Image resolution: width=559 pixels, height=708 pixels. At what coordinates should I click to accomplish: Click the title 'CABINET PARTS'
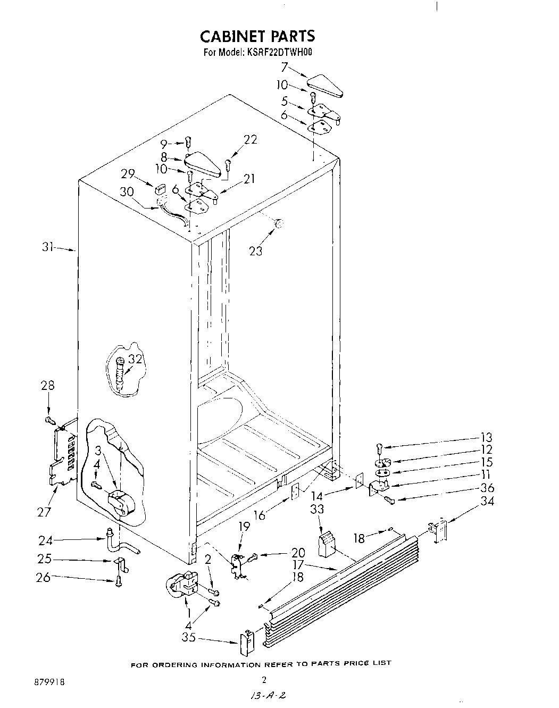click(x=257, y=36)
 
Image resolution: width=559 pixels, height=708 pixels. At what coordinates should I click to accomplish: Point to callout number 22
click(x=250, y=139)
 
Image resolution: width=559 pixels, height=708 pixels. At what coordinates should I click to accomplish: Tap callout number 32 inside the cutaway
click(x=136, y=359)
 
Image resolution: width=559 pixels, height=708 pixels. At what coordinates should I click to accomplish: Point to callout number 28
click(x=48, y=386)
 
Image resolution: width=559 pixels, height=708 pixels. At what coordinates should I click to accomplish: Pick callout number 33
click(x=317, y=509)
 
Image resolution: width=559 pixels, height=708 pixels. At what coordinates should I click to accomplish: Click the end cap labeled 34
click(x=439, y=531)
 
